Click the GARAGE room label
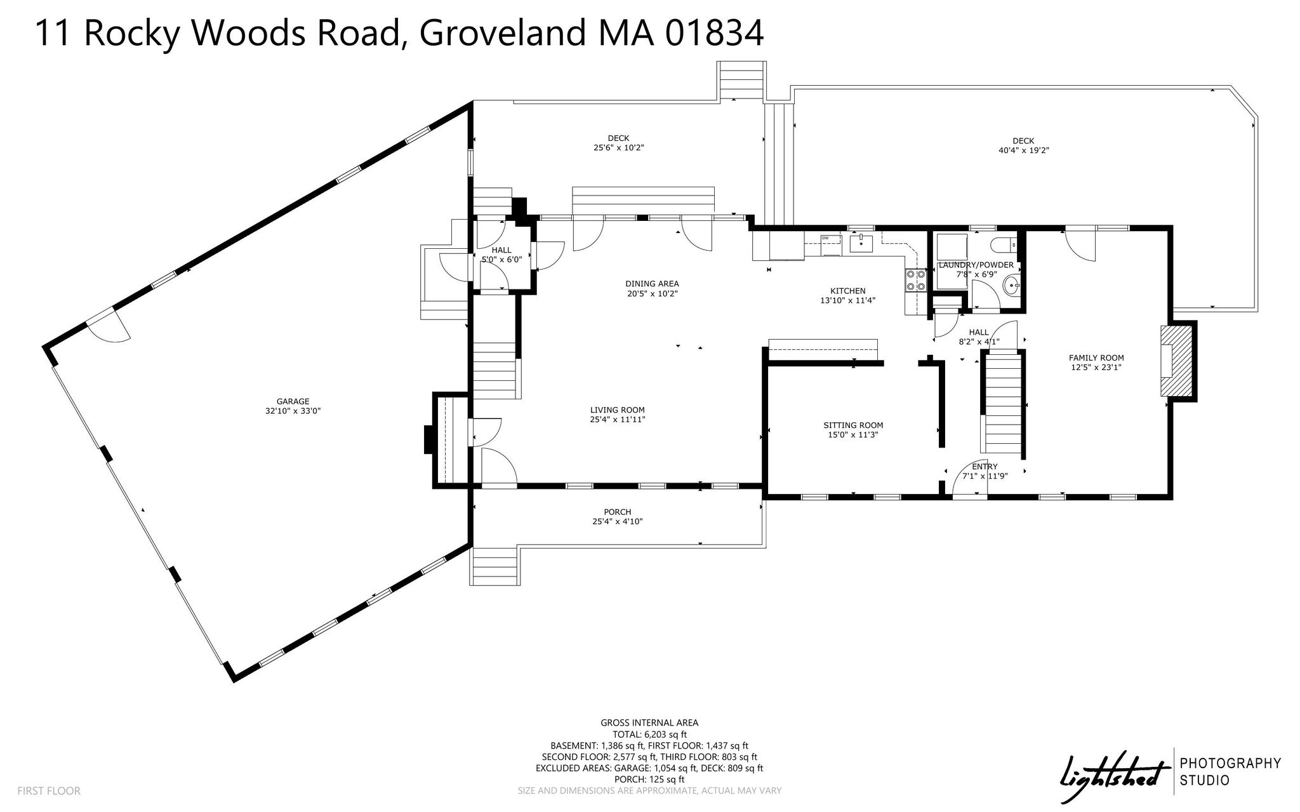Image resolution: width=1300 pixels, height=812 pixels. click(293, 401)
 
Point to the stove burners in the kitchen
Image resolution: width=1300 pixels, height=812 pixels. click(915, 281)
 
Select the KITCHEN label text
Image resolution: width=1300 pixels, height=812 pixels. click(848, 291)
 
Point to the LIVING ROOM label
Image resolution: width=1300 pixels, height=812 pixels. click(618, 410)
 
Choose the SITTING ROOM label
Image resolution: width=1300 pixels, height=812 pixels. click(853, 425)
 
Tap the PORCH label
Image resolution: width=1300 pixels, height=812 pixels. click(618, 512)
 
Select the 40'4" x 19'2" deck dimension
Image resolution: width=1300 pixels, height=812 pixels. click(1023, 150)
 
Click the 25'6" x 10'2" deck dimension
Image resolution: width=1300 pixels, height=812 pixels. click(619, 148)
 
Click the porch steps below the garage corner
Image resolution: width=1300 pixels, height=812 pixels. click(495, 566)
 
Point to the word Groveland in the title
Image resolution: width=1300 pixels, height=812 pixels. click(502, 33)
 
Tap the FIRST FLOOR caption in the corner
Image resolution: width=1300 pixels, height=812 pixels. click(49, 791)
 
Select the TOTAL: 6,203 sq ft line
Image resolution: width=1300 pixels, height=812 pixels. click(649, 735)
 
